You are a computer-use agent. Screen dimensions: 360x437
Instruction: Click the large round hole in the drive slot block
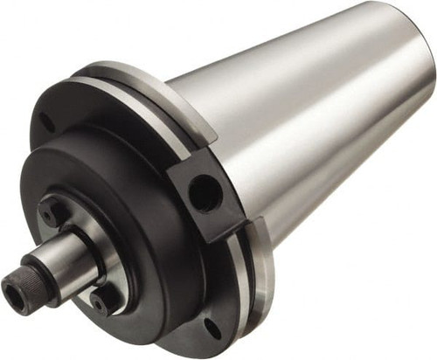(203, 193)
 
